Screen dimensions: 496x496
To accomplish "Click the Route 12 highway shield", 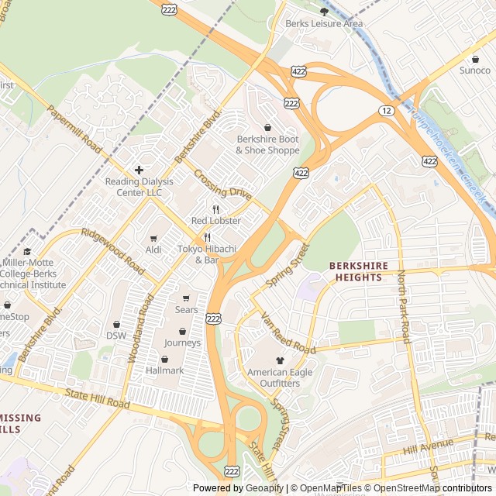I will click(386, 111).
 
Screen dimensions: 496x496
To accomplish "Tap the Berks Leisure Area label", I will click(324, 23).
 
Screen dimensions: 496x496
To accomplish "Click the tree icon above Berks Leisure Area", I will click(324, 11).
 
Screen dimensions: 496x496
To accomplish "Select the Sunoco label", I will click(475, 71).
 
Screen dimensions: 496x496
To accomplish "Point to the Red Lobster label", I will click(216, 221).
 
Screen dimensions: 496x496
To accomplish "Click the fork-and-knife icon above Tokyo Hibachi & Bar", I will click(207, 237).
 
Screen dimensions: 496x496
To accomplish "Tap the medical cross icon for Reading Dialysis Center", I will click(139, 170).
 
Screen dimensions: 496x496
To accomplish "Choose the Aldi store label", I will click(153, 250).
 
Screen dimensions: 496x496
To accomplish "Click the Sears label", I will click(186, 310).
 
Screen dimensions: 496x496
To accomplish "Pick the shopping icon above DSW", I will click(116, 324).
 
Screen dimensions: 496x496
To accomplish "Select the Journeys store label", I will click(182, 343).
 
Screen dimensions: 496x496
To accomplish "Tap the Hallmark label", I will click(165, 370).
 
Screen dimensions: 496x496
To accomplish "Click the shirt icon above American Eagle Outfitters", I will click(280, 360).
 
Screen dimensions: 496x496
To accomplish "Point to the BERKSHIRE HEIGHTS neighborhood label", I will click(358, 270).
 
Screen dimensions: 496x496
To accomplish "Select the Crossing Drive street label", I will click(222, 184).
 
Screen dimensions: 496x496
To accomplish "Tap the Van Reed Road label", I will click(288, 335).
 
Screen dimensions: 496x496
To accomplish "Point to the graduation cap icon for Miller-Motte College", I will click(28, 251).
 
